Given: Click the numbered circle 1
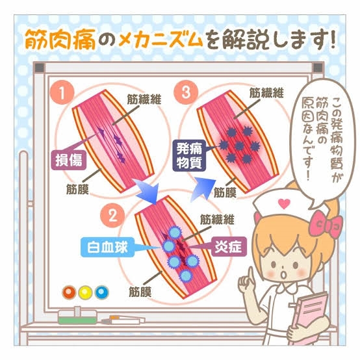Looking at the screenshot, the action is [62, 93].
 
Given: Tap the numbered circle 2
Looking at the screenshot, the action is [112, 216].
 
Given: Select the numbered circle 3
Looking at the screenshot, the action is [186, 92].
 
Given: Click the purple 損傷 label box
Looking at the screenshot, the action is [69, 160].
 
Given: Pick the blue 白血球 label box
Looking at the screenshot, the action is [107, 248].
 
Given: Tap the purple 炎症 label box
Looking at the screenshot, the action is [229, 247].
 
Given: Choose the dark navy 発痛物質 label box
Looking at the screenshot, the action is [189, 156].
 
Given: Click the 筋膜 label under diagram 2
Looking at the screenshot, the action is [140, 292].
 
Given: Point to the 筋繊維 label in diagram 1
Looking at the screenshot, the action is [144, 99].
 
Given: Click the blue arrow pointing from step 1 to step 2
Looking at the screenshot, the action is [146, 191].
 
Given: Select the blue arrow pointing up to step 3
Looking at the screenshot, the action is [203, 189].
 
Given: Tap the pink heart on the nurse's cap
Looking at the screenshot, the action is [284, 203].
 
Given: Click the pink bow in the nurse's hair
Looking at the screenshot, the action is [326, 224].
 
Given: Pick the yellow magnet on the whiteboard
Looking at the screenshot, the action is [85, 292].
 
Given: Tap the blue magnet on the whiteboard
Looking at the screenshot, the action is [102, 292].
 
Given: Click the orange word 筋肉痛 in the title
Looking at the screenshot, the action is [60, 39].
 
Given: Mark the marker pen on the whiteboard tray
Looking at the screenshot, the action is [123, 320].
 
